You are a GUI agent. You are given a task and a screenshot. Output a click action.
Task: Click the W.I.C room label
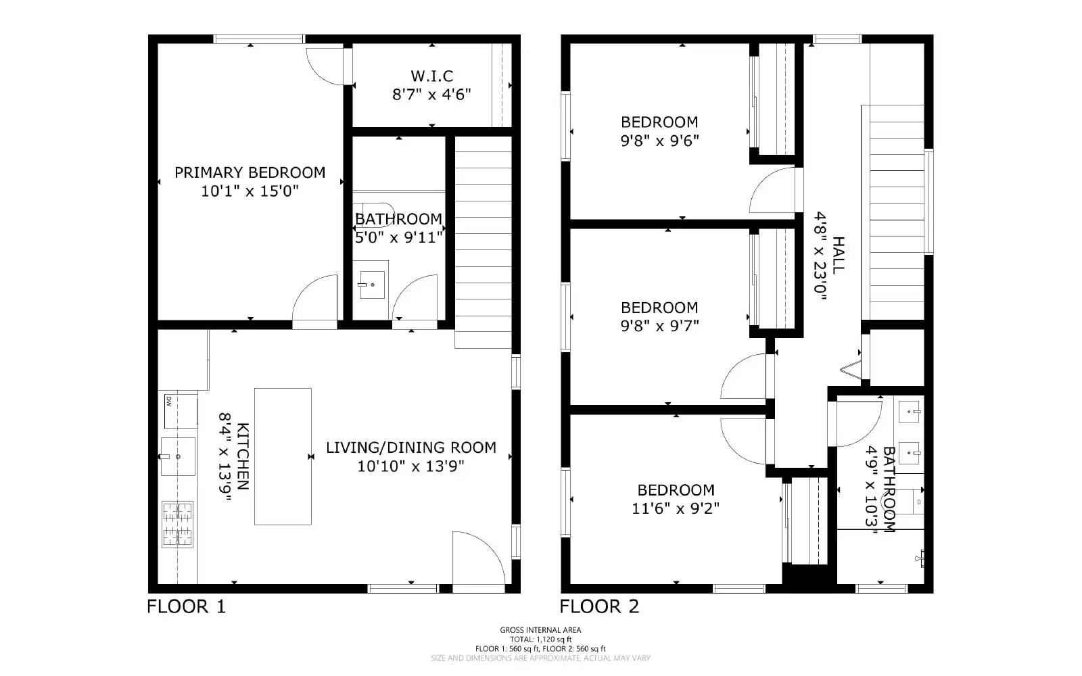pos(432,76)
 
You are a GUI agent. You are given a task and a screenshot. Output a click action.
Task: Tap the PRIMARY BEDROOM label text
pos(250,172)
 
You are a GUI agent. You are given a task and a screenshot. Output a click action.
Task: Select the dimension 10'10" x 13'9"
pos(410,466)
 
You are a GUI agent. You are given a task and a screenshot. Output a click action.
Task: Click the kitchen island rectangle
pos(283,456)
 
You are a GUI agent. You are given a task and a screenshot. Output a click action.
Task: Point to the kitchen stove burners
pos(177,525)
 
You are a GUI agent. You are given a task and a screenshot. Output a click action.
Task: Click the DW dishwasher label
pos(169,402)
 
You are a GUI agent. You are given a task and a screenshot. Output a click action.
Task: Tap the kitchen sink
pos(178,456)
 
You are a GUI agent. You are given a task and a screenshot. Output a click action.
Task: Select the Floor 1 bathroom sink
pos(372,285)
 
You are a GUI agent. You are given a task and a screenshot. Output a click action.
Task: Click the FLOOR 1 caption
pos(187,606)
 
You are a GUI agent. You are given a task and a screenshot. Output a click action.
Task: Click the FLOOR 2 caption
pos(599,606)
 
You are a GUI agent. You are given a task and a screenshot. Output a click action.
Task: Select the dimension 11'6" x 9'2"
pos(676,508)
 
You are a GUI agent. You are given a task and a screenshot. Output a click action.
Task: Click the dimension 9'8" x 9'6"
pos(660,141)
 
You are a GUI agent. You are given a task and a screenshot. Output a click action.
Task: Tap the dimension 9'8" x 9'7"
pos(660,326)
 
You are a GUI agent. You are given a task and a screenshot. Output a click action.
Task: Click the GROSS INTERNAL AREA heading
pos(540,629)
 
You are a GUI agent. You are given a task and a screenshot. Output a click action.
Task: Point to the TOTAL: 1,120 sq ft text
pos(540,639)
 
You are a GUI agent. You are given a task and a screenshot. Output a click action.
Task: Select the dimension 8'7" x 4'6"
pos(431,94)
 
